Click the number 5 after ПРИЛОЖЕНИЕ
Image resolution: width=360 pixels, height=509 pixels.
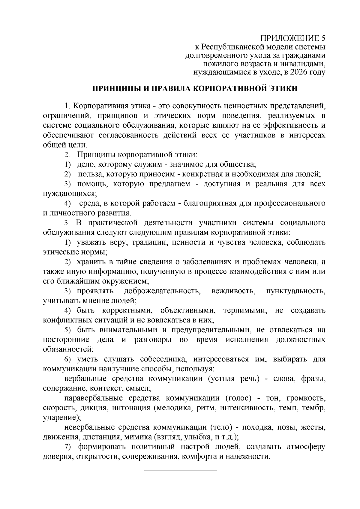click(322, 38)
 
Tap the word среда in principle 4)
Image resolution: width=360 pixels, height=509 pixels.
click(89, 203)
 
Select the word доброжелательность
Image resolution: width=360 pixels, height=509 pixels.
click(162, 291)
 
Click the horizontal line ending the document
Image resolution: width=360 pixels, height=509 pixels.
click(180, 470)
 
